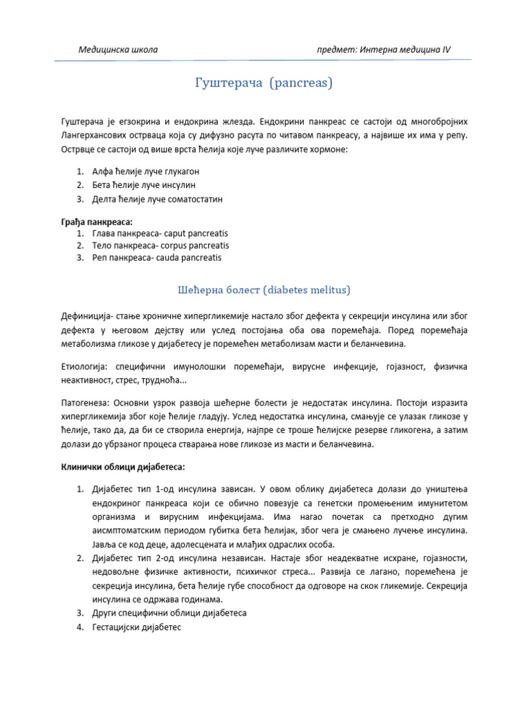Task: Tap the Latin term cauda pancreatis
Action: tap(190, 257)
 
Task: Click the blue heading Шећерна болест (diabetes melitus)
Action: tap(264, 288)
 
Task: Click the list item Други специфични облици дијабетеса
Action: tap(169, 613)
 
